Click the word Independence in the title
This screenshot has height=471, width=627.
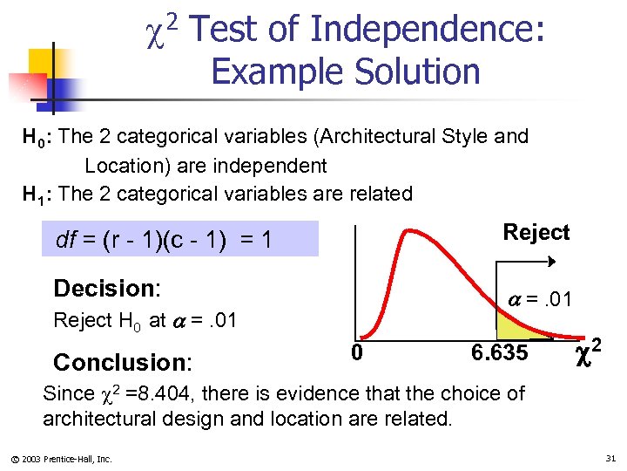428,31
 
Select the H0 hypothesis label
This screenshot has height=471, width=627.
37,137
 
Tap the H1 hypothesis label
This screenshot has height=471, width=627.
37,195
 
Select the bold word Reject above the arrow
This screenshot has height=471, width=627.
536,232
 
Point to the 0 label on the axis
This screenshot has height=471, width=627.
357,353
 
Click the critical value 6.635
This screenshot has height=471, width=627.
499,353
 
